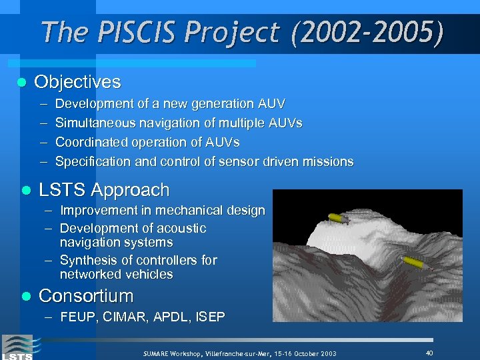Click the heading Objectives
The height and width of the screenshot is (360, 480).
pos(77,82)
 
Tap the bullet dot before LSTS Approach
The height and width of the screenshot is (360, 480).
pos(25,190)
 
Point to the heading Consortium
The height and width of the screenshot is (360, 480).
pos(86,295)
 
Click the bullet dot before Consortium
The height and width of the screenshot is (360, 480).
pos(25,296)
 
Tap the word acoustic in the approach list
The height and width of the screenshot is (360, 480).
pos(182,228)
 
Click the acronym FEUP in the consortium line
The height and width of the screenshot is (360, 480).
pos(76,317)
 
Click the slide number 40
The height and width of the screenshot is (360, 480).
pos(429,352)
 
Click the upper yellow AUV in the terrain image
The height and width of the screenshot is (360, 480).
pos(336,218)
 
